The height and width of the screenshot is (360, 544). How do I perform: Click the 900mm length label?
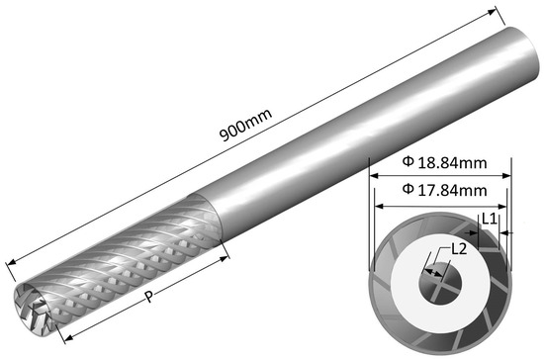[246, 125]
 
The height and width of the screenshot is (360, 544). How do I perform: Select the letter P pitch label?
[148, 296]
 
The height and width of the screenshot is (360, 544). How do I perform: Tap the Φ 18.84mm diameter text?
[444, 162]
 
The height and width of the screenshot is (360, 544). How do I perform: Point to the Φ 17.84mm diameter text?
[444, 190]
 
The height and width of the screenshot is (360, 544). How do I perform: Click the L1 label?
[490, 219]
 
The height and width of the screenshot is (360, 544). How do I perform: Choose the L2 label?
[459, 249]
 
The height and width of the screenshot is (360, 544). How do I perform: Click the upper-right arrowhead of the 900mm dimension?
[493, 12]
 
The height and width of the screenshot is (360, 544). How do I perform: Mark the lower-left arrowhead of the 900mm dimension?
[12, 262]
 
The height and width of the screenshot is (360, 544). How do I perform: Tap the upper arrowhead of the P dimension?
[225, 258]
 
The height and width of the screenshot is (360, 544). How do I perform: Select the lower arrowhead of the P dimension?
[69, 337]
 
